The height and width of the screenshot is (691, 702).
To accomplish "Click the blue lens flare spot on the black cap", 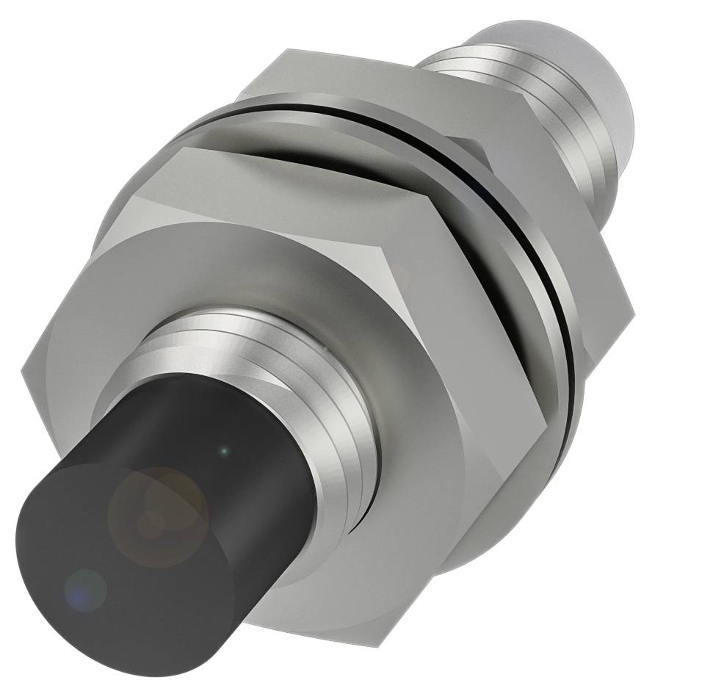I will (x=85, y=589).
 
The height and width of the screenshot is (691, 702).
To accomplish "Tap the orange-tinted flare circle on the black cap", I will (x=158, y=507).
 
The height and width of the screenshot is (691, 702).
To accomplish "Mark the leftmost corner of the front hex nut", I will (x=22, y=371).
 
